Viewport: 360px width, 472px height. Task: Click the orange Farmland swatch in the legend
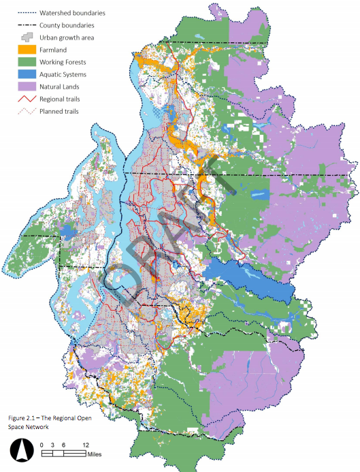(27, 49)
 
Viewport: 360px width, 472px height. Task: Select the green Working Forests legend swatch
(27, 61)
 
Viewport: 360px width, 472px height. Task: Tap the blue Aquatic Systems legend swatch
(27, 74)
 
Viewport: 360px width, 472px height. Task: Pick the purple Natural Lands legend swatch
(27, 86)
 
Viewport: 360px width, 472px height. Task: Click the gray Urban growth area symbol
(27, 37)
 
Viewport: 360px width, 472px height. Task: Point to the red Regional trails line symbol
(27, 98)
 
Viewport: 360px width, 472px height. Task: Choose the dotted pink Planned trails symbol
(27, 110)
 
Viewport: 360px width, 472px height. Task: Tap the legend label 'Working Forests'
(67, 61)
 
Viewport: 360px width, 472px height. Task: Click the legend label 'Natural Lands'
(64, 86)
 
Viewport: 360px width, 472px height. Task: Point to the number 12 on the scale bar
(85, 444)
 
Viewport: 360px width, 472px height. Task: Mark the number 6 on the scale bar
(63, 444)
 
